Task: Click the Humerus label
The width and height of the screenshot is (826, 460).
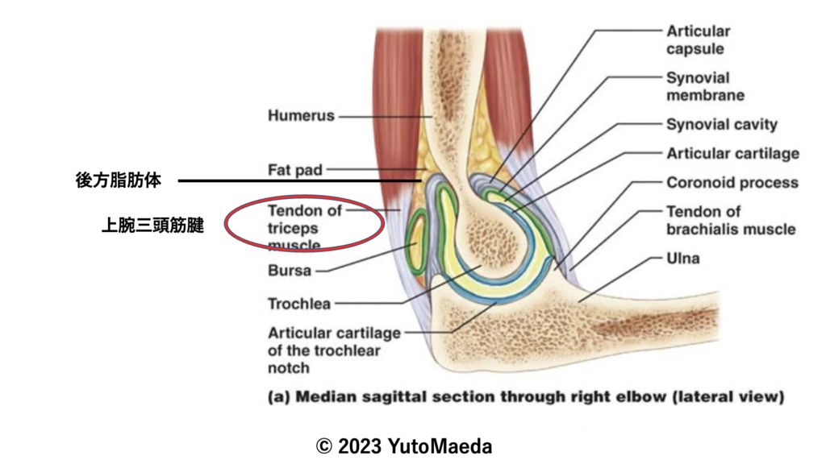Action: (300, 116)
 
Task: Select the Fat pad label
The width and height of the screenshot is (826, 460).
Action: (294, 170)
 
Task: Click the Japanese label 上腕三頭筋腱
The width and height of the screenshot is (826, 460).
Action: (152, 227)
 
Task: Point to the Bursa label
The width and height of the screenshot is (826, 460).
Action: (289, 271)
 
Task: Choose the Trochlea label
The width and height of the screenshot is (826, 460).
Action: (298, 305)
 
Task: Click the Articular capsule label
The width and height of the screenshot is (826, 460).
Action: (698, 40)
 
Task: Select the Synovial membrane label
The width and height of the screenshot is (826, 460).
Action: (704, 86)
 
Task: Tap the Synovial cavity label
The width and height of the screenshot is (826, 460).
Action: (721, 125)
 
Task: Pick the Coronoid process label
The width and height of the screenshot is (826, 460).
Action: (732, 183)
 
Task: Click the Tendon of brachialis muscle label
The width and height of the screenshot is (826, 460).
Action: (730, 220)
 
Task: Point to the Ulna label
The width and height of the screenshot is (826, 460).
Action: (682, 259)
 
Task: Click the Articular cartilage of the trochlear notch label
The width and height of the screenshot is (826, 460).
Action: (333, 350)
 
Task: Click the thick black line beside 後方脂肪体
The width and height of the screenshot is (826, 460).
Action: (298, 181)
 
